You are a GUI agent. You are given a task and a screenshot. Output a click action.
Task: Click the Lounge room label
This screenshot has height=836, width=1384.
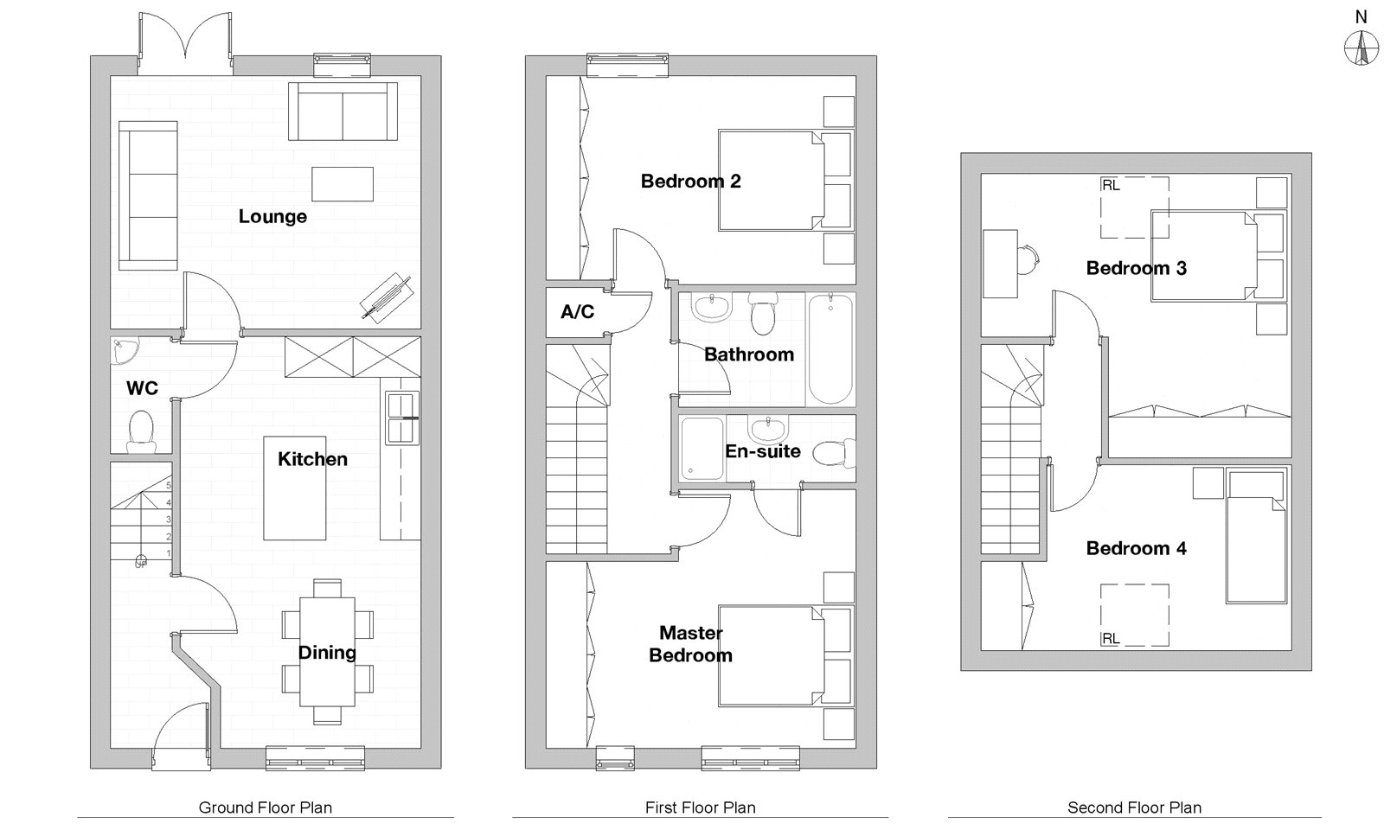click(272, 217)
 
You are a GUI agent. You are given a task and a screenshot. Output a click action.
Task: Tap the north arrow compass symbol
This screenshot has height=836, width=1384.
click(1362, 48)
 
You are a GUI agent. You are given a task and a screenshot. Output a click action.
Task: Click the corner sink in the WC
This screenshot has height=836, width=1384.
click(125, 351)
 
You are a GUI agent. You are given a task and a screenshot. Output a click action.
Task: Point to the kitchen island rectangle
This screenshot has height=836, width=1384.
click(295, 488)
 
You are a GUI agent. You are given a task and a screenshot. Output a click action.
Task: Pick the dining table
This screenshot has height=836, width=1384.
click(328, 651)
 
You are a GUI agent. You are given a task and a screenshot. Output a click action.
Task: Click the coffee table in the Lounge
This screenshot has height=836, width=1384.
click(343, 184)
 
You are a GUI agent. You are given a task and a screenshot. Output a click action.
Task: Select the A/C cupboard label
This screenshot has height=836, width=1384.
click(577, 312)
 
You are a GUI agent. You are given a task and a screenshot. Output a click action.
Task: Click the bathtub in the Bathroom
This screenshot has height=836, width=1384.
click(830, 349)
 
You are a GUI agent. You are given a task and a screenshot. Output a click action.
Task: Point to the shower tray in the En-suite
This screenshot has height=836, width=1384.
click(702, 449)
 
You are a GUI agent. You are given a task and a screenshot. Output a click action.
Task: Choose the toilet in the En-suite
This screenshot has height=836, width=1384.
click(834, 453)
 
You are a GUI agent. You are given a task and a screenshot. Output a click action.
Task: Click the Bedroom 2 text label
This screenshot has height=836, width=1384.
click(691, 182)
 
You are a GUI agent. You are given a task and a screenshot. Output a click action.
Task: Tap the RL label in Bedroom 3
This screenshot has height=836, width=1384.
click(1111, 185)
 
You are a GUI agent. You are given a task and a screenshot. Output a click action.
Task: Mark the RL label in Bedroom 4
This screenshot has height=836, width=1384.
click(1111, 639)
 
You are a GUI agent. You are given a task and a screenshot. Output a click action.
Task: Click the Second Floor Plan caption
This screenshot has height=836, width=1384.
click(1134, 807)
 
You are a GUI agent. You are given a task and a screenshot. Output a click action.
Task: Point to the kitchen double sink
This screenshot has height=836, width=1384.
click(402, 418)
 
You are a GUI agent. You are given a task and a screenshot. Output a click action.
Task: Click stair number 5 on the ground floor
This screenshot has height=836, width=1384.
click(168, 485)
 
